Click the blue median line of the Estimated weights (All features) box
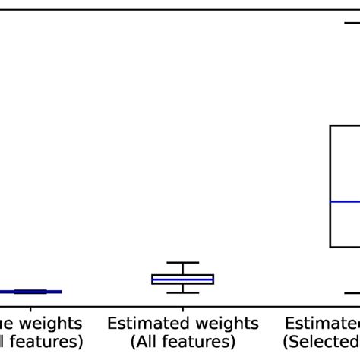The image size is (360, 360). coord(182,279)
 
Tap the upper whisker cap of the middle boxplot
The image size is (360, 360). coord(182,263)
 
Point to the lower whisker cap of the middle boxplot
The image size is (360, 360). coord(182,292)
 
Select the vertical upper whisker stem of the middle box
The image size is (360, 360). coord(182,269)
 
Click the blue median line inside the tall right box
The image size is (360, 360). coord(346,201)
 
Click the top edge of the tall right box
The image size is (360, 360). coord(346,125)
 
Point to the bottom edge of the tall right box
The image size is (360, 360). coord(346,247)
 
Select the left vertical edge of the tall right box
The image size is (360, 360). coord(330,186)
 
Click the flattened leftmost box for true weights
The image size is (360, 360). coord(30,291)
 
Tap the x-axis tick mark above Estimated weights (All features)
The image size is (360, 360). coord(182,311)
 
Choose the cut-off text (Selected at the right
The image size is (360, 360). coord(322,342)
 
